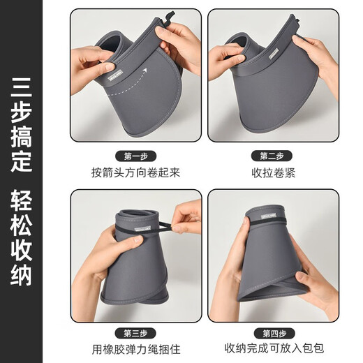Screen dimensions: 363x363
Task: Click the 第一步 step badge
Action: [135, 156]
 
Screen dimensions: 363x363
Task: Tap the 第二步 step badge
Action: [274, 156]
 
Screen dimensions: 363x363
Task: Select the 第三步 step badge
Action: [135, 333]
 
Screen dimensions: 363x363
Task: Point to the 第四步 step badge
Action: [274, 333]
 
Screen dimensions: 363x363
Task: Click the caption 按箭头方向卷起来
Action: [135, 172]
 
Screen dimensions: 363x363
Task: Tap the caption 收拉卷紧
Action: [274, 172]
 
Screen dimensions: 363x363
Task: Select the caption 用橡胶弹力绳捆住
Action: [135, 349]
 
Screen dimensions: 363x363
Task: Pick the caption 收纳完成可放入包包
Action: [274, 349]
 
